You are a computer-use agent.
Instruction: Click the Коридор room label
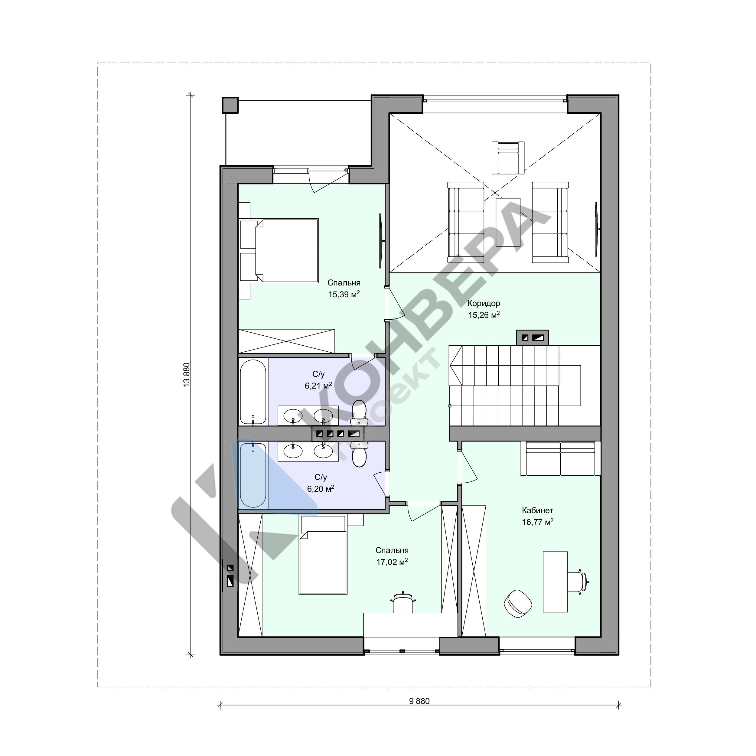(x=484, y=303)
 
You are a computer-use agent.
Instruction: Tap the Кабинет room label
(x=537, y=510)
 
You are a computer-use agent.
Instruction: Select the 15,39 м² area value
(x=344, y=294)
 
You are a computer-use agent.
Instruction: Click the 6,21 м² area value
(x=318, y=386)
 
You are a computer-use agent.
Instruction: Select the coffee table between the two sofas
(x=508, y=222)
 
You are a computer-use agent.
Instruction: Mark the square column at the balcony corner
(x=230, y=105)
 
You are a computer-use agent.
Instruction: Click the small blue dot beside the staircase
(x=450, y=406)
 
